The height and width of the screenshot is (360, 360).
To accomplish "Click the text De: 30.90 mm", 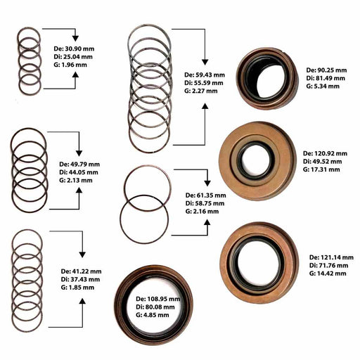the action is [74, 49].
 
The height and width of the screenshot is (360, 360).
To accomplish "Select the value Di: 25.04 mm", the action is [73, 57].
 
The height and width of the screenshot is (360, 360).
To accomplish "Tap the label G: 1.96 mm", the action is [70, 65].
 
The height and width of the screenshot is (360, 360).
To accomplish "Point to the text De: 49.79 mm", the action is [79, 165].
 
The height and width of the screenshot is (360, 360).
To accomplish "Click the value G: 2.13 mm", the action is [76, 180].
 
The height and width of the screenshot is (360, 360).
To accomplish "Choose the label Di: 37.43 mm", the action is [80, 279].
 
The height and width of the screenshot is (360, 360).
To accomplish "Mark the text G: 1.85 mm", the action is [77, 288].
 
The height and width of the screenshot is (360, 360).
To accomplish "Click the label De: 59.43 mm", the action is [205, 75].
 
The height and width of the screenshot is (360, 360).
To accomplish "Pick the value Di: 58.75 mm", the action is [205, 203].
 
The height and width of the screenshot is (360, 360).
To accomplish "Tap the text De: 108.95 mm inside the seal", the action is [158, 299].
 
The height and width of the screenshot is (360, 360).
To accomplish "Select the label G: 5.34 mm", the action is [323, 86].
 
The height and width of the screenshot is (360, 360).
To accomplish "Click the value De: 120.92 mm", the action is [325, 153].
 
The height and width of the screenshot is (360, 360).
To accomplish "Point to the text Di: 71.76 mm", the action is [329, 266].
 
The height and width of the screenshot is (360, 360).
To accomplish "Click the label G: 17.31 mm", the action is [321, 169].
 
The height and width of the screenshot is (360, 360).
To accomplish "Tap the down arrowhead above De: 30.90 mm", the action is [75, 39].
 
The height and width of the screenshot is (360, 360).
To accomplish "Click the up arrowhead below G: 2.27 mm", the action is [205, 106].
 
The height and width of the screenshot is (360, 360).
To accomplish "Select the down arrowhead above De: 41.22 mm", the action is [82, 255].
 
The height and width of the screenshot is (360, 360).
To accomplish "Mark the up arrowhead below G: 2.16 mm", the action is [207, 222].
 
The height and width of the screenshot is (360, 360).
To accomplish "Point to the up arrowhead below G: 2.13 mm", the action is [79, 190].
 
